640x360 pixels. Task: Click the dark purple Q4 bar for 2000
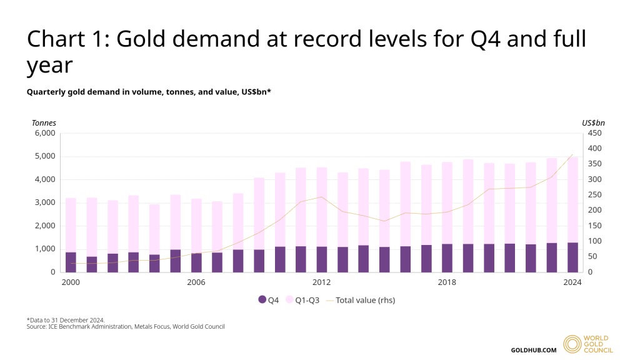click(71, 262)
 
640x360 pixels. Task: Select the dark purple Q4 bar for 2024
click(572, 257)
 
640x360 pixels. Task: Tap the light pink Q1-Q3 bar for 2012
click(322, 207)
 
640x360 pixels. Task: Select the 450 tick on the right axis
click(594, 133)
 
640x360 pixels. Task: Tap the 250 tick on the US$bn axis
click(594, 195)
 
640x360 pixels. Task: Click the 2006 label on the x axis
click(196, 282)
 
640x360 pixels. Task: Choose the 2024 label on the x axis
click(572, 282)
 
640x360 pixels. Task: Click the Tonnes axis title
click(44, 122)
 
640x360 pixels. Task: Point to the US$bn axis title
click(593, 122)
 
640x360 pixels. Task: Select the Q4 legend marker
click(262, 300)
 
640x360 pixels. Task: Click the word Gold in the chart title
click(143, 39)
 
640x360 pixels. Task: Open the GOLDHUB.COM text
click(534, 350)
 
